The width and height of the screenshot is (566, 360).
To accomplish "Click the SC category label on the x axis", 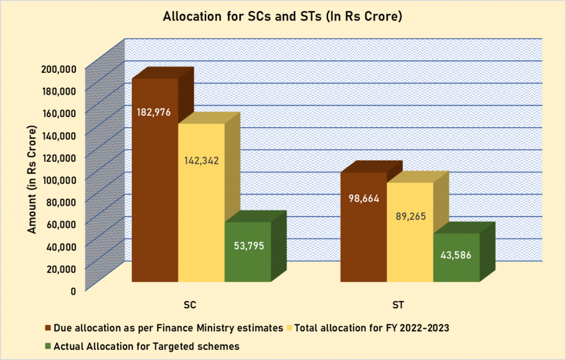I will click(x=189, y=302).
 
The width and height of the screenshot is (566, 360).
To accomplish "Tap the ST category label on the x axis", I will click(x=398, y=302).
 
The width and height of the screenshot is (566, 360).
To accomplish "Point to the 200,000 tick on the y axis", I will click(x=59, y=68).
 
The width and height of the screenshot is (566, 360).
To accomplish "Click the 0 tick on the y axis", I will click(x=73, y=290).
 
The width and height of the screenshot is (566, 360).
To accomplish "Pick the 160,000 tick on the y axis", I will click(x=59, y=112).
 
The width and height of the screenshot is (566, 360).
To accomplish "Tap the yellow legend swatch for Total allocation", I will click(x=291, y=328).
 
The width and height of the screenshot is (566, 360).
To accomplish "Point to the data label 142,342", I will click(x=201, y=160).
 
